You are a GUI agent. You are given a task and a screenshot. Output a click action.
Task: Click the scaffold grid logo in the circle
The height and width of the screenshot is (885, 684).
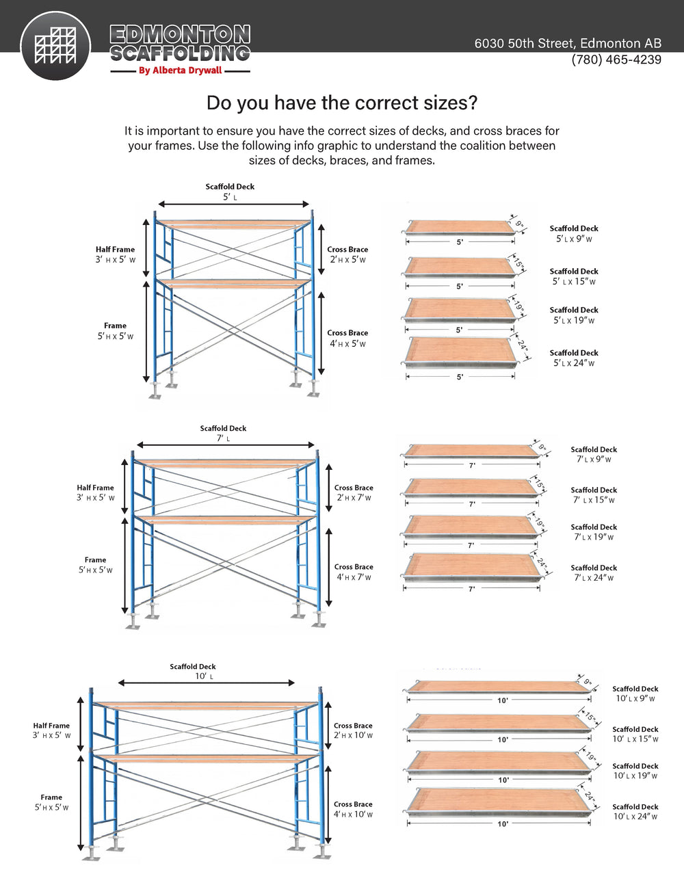pos(55,46)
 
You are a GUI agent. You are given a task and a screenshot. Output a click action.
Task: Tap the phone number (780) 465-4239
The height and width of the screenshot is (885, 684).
pos(616,60)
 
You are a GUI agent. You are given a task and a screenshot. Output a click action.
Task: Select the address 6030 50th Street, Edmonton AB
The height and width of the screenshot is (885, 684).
pos(568,43)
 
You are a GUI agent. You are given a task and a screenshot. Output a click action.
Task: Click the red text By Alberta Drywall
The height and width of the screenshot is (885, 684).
pos(180,70)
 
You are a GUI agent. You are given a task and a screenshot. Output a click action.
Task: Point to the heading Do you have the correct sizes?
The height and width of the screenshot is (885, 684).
pos(341,103)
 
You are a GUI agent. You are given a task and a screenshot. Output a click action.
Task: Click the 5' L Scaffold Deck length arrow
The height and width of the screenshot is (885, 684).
pos(234,204)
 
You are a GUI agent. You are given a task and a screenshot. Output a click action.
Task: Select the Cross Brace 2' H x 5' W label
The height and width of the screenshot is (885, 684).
pos(347,254)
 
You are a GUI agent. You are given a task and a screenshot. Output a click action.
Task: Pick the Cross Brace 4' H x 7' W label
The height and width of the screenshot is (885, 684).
pos(354,572)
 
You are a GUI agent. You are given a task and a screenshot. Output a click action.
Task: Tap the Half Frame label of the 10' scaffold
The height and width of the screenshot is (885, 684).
pos(51,730)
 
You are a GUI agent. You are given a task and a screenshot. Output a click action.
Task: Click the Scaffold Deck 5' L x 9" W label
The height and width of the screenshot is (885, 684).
pos(574,234)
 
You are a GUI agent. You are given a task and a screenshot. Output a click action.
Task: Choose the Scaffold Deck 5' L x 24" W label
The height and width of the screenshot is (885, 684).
pos(574,358)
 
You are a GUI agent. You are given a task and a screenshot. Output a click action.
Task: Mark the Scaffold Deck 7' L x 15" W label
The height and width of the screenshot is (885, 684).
pos(594,495)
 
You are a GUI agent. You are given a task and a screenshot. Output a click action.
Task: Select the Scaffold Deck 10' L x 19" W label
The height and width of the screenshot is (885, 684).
pos(635,771)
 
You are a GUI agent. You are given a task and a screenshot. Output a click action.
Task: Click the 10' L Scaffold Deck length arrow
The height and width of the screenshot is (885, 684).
pos(206,683)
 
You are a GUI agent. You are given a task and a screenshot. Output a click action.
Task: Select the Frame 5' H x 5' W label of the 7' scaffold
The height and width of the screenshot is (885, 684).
pos(95,565)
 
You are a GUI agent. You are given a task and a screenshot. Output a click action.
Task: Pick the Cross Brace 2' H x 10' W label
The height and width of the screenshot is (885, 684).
pos(353,730)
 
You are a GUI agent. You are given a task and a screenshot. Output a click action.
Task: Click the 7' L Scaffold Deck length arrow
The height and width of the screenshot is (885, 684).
pos(226,445)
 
